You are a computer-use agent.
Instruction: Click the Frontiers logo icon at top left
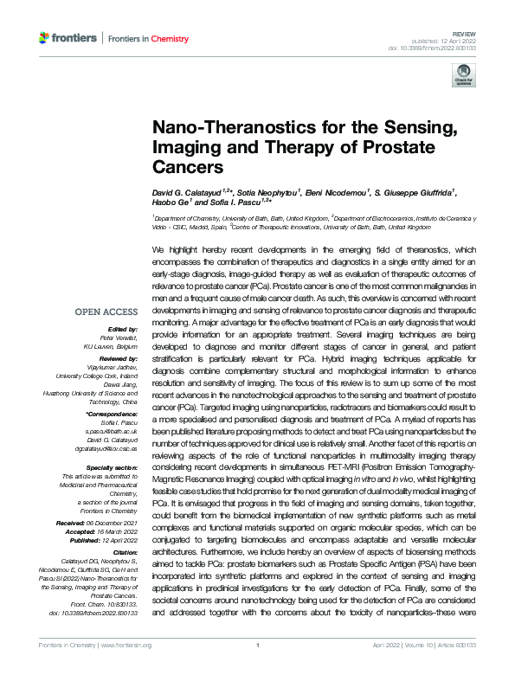pos(45,38)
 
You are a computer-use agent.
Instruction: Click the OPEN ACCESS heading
pos(106,312)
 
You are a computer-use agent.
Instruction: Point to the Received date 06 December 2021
pos(113,524)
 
